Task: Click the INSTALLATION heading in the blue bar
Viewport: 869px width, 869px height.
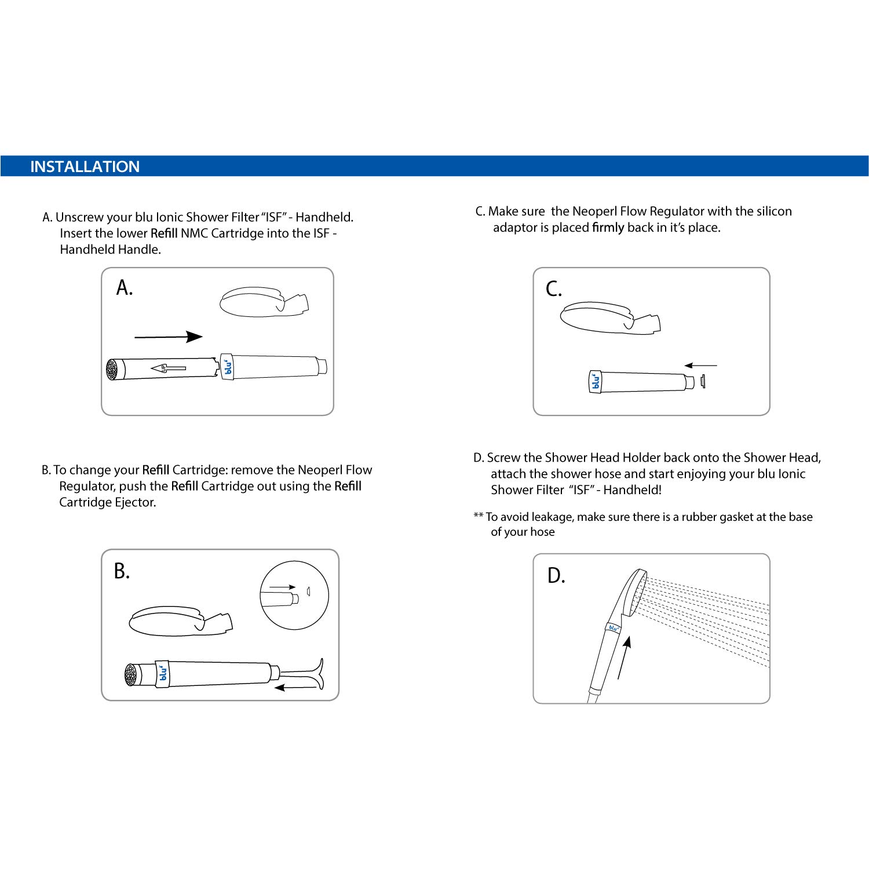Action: [85, 167]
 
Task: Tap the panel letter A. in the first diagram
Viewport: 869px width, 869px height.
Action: [125, 287]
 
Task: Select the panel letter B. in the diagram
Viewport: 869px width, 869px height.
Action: [122, 571]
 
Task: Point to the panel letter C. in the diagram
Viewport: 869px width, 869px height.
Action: [554, 289]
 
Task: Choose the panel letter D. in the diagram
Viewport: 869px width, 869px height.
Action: [556, 576]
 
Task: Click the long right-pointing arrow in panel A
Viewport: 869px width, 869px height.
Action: [168, 337]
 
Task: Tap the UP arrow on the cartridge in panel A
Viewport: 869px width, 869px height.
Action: [168, 368]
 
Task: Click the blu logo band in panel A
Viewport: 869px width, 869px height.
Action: [228, 367]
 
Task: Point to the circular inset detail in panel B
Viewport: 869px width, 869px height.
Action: [294, 596]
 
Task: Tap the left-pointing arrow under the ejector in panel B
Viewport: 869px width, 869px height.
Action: [295, 688]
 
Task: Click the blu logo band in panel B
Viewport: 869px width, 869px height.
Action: [163, 673]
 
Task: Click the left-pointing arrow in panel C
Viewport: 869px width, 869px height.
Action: [700, 366]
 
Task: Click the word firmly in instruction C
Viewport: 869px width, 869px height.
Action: [608, 228]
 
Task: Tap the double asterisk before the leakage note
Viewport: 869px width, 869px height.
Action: [479, 516]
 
